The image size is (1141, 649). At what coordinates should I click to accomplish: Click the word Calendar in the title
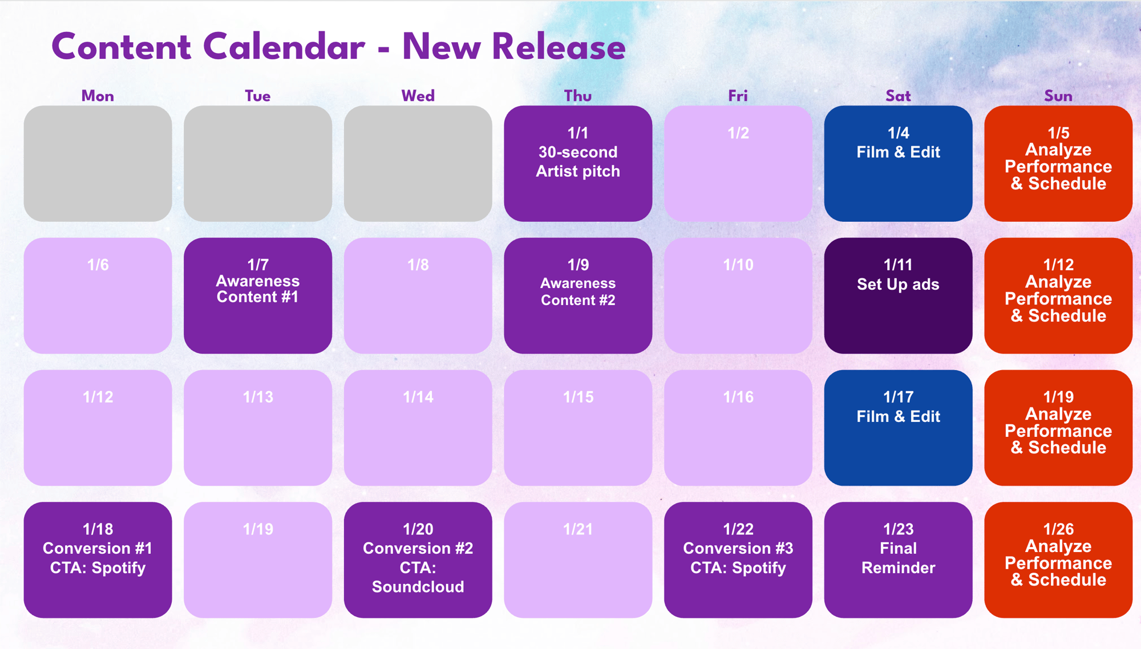284,47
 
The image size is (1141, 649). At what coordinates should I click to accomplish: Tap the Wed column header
418,96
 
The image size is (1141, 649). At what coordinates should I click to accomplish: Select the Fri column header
738,96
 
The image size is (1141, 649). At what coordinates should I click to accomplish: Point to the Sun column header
1058,96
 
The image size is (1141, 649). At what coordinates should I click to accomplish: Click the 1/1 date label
578,133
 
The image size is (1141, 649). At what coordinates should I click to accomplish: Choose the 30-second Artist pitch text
578,161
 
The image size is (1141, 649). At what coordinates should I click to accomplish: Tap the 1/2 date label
738,133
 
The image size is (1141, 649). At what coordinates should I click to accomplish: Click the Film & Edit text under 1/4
898,152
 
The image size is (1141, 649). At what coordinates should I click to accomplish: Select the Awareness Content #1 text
258,289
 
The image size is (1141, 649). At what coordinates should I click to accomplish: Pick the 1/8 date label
418,265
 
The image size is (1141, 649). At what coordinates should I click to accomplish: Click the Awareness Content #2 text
578,291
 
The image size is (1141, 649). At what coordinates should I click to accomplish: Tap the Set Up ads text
898,285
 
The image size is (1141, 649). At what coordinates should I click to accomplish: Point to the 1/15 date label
578,397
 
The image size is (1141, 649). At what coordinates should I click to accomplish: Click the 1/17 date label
898,397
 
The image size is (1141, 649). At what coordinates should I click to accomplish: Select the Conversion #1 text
98,549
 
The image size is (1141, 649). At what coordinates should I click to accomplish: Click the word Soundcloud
418,587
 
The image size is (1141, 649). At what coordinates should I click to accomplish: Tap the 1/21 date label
578,529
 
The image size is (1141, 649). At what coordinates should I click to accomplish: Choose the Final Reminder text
898,558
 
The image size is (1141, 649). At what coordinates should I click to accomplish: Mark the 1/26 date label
1058,529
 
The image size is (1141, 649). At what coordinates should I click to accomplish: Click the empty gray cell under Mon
98,164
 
